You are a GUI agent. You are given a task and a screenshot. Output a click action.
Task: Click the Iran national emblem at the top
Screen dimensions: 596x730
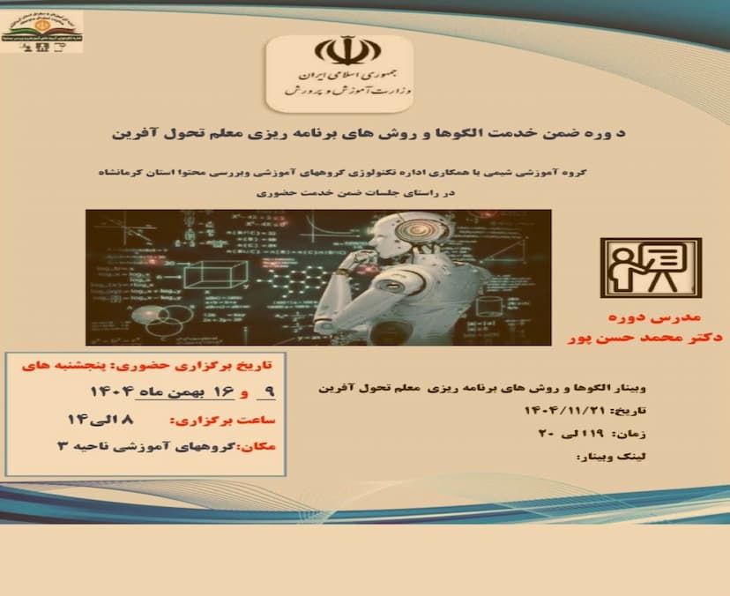(339, 50)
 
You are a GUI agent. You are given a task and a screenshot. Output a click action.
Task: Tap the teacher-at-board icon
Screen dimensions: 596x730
(651, 267)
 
